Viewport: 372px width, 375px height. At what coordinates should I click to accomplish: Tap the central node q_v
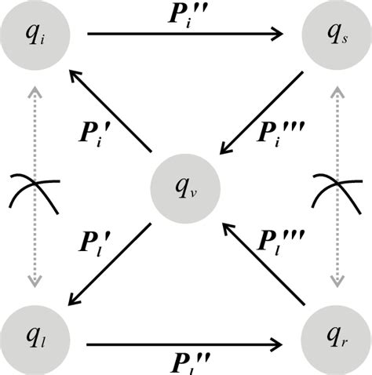click(185, 187)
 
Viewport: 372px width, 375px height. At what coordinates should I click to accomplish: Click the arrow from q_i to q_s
click(185, 35)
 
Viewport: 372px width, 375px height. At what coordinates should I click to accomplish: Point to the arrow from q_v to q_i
click(109, 111)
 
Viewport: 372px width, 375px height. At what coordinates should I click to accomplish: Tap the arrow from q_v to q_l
click(109, 263)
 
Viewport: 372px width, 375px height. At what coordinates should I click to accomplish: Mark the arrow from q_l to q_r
click(185, 343)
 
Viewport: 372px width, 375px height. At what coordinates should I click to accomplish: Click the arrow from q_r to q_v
click(261, 263)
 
